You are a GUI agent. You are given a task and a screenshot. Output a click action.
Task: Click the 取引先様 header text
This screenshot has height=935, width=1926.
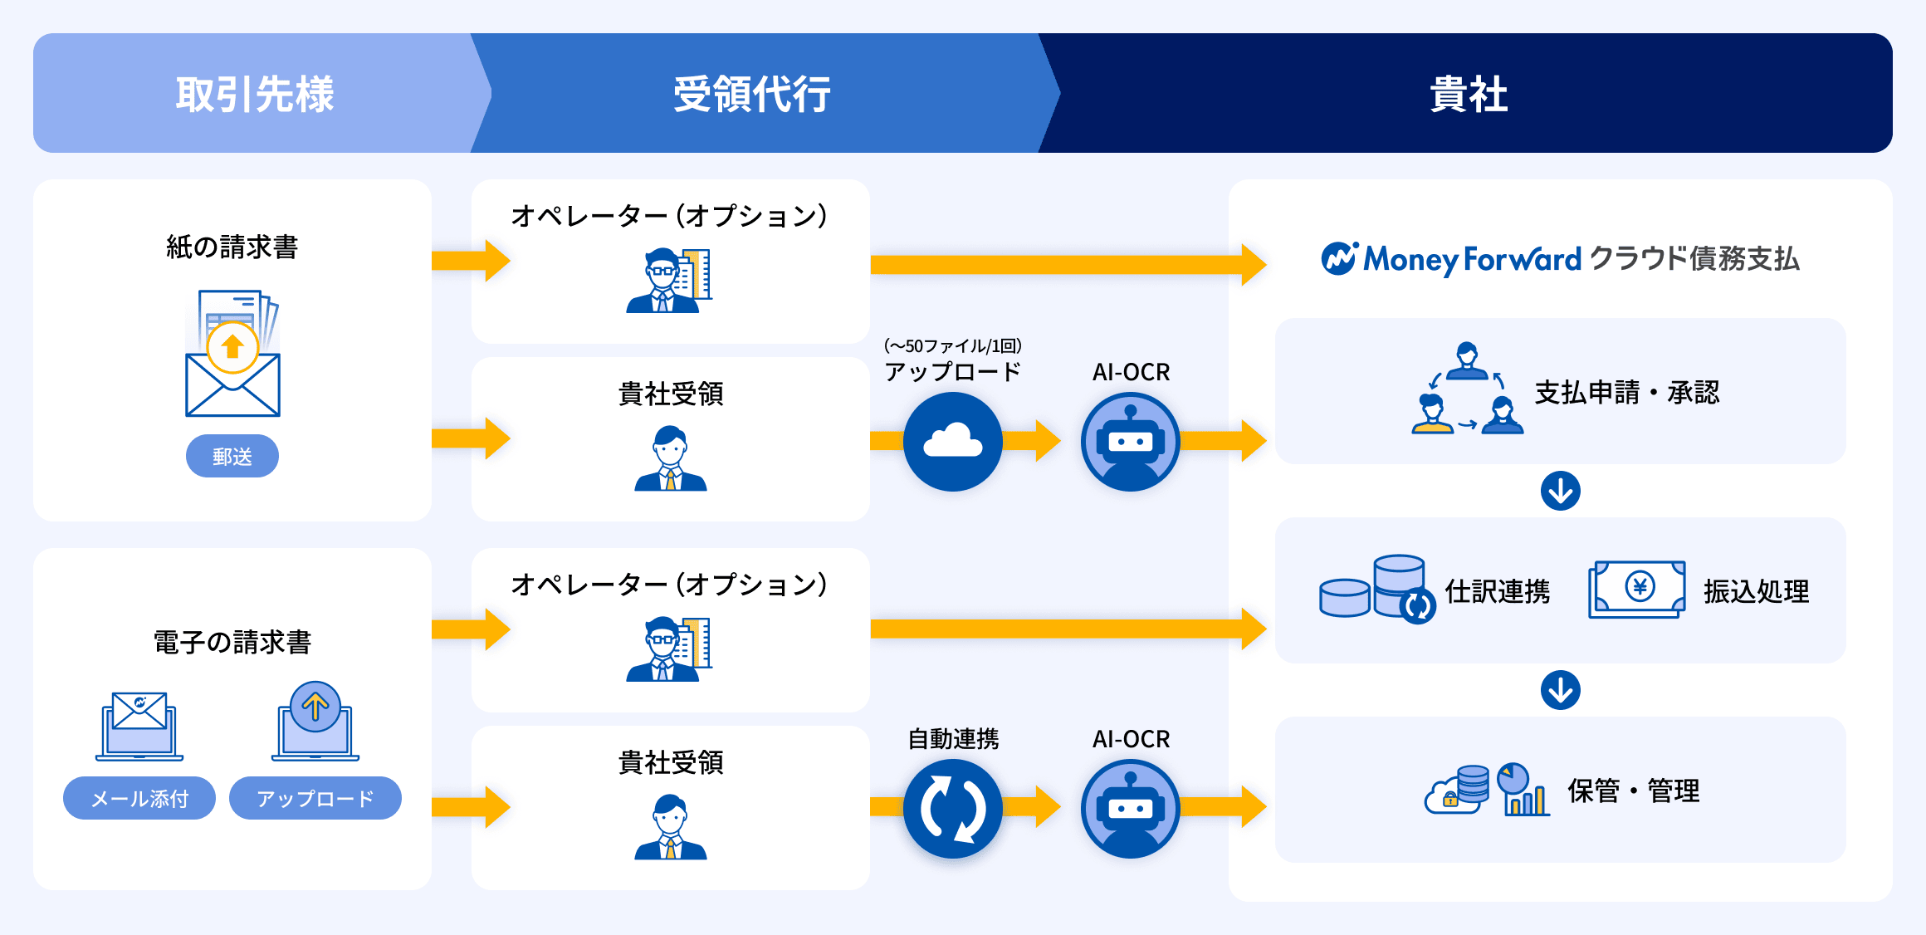coord(254,94)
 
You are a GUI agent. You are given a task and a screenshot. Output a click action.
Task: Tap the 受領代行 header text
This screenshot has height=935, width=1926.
coord(751,94)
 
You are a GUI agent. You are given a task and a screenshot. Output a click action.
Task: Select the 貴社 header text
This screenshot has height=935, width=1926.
coord(1468,94)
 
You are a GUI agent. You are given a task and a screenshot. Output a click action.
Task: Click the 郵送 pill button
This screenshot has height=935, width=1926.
coord(232,456)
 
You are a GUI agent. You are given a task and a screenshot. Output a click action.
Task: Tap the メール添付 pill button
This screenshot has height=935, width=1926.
coord(139,798)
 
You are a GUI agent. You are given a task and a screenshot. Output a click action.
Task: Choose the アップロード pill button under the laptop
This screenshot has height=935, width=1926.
coord(315,798)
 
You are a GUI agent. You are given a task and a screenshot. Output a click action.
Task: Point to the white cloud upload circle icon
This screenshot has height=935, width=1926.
coord(952,441)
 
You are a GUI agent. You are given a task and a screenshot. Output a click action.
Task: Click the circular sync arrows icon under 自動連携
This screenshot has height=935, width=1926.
coord(952,808)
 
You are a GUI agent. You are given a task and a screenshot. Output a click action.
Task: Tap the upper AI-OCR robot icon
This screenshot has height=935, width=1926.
coord(1130,441)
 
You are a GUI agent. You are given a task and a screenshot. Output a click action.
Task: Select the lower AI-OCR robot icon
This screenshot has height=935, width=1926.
coord(1130,808)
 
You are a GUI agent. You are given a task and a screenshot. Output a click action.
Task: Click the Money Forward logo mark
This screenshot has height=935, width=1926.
coord(1339,258)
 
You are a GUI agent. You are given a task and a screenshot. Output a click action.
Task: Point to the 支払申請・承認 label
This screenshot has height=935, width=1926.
coord(1626,392)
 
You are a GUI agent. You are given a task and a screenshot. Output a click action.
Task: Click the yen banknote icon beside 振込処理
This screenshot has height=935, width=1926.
coord(1636,589)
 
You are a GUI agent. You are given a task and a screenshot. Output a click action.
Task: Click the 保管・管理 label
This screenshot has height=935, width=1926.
coord(1633,791)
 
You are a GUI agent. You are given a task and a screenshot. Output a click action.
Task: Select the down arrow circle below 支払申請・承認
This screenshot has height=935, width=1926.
coord(1561,491)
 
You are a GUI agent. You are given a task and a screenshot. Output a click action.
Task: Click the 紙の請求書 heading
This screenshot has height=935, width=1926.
coord(232,247)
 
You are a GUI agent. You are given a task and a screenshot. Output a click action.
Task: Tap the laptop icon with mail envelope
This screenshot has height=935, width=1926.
coord(139,725)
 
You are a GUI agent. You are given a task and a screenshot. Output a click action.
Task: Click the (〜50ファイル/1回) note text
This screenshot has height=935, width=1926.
coord(952,345)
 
